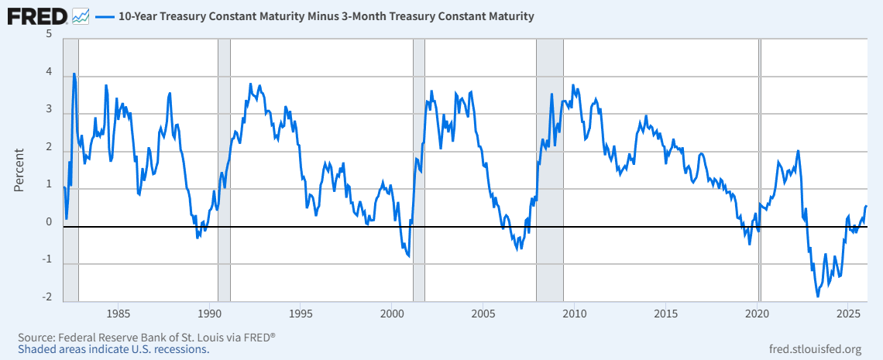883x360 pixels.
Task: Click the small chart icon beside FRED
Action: point(81,15)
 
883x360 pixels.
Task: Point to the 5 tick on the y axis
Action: point(49,35)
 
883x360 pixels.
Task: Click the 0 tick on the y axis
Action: point(49,222)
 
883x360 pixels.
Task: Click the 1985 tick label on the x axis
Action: point(118,314)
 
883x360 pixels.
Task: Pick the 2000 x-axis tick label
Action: point(392,314)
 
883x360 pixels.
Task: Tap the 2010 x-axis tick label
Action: point(574,314)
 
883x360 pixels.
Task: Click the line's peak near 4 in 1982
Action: point(74,74)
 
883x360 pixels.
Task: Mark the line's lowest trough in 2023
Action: point(817,296)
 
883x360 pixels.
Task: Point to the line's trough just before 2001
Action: point(408,255)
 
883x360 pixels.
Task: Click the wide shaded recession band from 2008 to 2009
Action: point(550,170)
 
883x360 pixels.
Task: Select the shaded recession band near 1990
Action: point(224,170)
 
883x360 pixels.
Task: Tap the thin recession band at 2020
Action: point(760,170)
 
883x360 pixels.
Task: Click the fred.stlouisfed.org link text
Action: point(813,348)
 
